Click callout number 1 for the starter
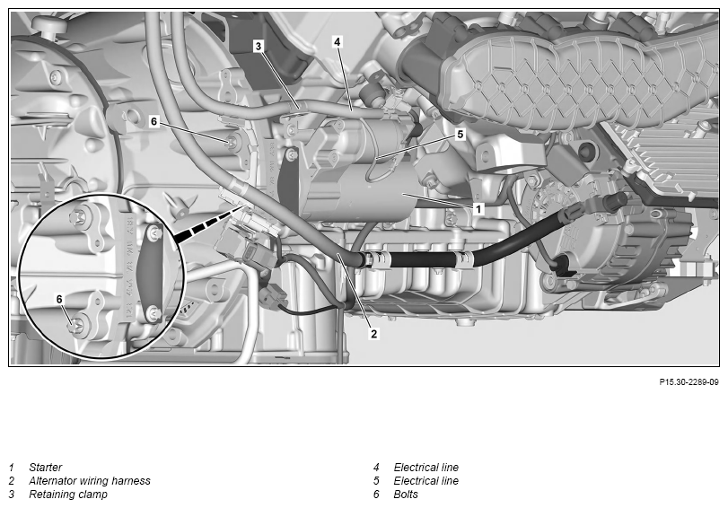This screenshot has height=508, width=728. pos(478,209)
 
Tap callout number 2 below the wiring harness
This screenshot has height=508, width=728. pos(374,333)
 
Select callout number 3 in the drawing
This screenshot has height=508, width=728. pos(259,46)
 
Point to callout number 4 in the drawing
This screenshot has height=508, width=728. pos(338,42)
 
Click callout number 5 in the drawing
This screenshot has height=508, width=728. pos(460,135)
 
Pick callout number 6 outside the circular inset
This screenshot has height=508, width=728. pos(154,122)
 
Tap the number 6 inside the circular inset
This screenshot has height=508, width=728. pos(59,300)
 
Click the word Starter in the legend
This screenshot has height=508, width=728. pos(45,467)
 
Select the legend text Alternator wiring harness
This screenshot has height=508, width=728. pos(90,480)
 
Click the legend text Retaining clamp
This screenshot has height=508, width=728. pos(68,494)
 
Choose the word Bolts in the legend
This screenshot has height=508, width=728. pos(406,494)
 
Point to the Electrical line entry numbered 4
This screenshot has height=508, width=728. pos(425,467)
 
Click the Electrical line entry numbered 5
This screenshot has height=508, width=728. pos(425,480)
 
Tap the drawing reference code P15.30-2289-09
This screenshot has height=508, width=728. pos(689,382)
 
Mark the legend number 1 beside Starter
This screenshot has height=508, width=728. pos(12,467)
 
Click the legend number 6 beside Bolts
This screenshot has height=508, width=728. pos(376,494)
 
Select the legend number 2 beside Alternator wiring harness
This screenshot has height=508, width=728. pos(12,480)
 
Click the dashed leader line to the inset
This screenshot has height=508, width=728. pos(206,223)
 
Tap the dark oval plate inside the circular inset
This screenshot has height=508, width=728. pos(150,274)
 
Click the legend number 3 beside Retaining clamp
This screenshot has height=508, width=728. pos(12,494)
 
